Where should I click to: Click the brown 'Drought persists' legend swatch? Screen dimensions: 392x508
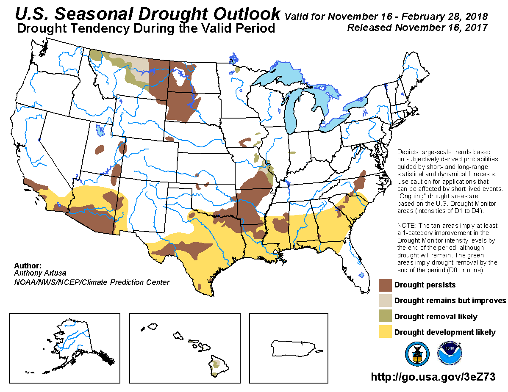385,285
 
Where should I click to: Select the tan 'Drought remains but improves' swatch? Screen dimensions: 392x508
385,301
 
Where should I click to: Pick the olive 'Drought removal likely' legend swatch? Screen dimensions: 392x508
385,316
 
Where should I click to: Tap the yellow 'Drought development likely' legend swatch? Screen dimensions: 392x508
385,332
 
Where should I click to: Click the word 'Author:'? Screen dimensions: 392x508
28,266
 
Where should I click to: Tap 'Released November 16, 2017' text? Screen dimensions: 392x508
417,28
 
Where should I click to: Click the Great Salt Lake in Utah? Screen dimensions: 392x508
100,130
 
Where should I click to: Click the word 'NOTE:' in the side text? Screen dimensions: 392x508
408,226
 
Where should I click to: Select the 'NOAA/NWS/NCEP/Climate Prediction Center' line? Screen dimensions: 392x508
92,282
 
